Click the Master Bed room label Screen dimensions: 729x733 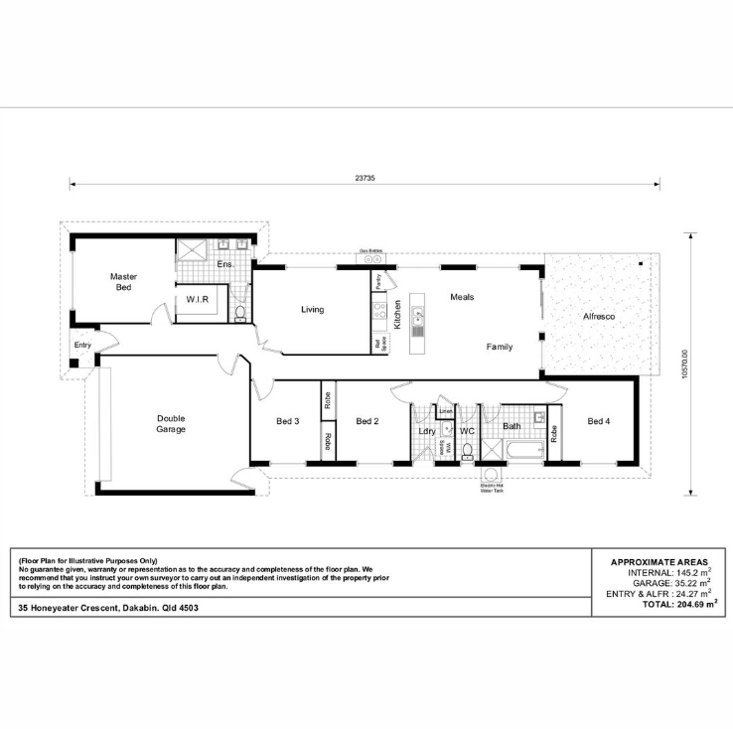pyautogui.click(x=123, y=282)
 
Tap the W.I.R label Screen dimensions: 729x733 pyautogui.click(x=196, y=298)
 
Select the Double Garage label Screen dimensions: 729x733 pyautogui.click(x=171, y=424)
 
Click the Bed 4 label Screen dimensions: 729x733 pyautogui.click(x=599, y=421)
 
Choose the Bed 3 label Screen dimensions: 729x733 pyautogui.click(x=288, y=421)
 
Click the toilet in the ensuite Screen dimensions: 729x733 pyautogui.click(x=240, y=313)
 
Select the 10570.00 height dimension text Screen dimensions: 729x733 pyautogui.click(x=685, y=363)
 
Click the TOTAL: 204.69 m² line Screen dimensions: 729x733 pyautogui.click(x=679, y=604)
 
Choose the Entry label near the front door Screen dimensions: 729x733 pyautogui.click(x=82, y=346)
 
